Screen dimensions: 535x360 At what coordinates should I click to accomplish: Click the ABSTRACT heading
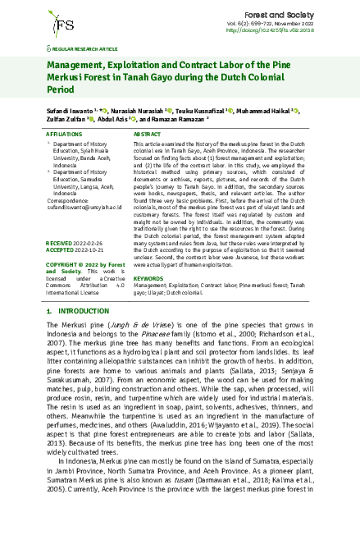147,133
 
